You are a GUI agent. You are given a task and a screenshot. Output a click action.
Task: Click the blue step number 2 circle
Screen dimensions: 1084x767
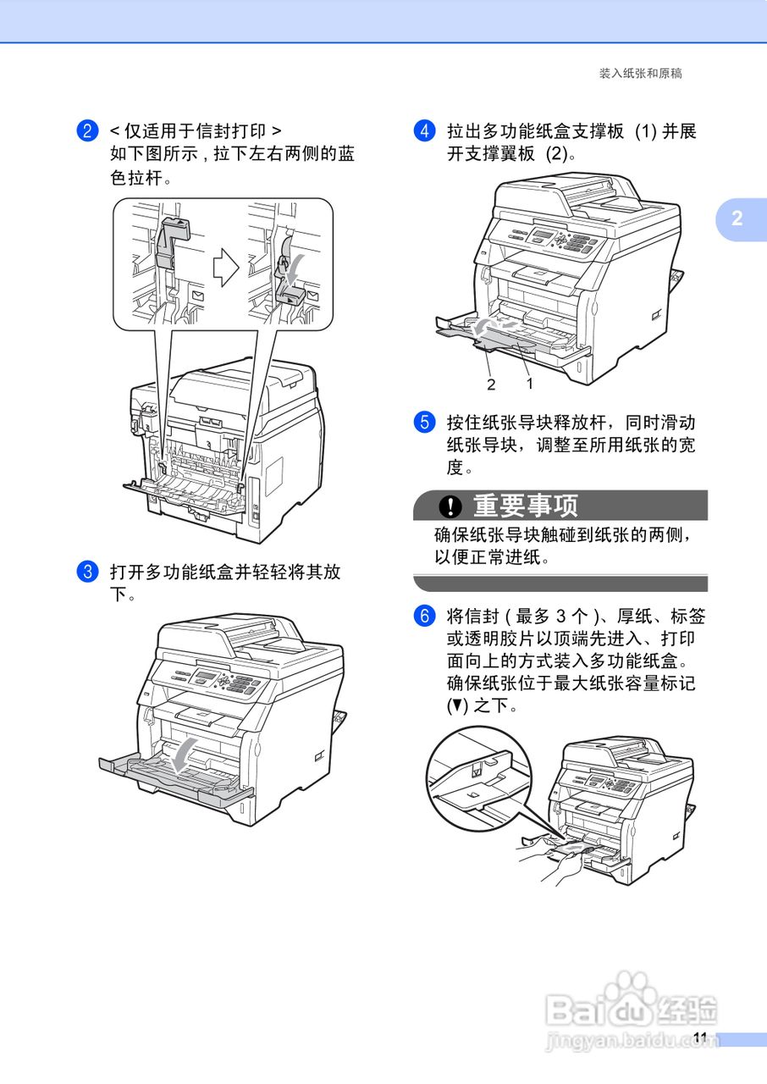point(86,131)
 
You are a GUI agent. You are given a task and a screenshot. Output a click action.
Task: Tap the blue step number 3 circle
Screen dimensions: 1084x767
point(86,572)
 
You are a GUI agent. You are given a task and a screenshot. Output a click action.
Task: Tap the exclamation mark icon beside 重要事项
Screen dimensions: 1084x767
point(451,506)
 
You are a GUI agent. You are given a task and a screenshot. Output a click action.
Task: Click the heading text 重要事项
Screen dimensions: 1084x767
point(525,506)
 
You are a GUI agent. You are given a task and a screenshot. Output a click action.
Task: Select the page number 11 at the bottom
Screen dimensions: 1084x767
point(699,1038)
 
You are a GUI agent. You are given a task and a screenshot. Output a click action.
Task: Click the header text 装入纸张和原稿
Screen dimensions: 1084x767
point(640,74)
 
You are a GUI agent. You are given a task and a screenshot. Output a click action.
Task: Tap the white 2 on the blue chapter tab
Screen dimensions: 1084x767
point(737,218)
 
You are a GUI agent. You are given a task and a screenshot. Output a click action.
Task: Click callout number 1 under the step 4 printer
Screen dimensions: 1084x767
point(530,383)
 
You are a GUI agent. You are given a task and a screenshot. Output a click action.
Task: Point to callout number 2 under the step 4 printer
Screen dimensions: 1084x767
point(490,384)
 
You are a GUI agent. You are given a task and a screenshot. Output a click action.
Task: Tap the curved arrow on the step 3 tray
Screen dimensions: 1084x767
point(185,754)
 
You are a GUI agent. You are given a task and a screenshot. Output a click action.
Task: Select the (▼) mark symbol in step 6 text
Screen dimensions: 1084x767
point(456,705)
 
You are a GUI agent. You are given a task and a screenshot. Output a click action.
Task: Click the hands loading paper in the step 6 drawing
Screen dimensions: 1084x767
point(542,860)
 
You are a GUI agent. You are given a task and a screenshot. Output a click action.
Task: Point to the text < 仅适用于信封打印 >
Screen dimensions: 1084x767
point(196,131)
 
